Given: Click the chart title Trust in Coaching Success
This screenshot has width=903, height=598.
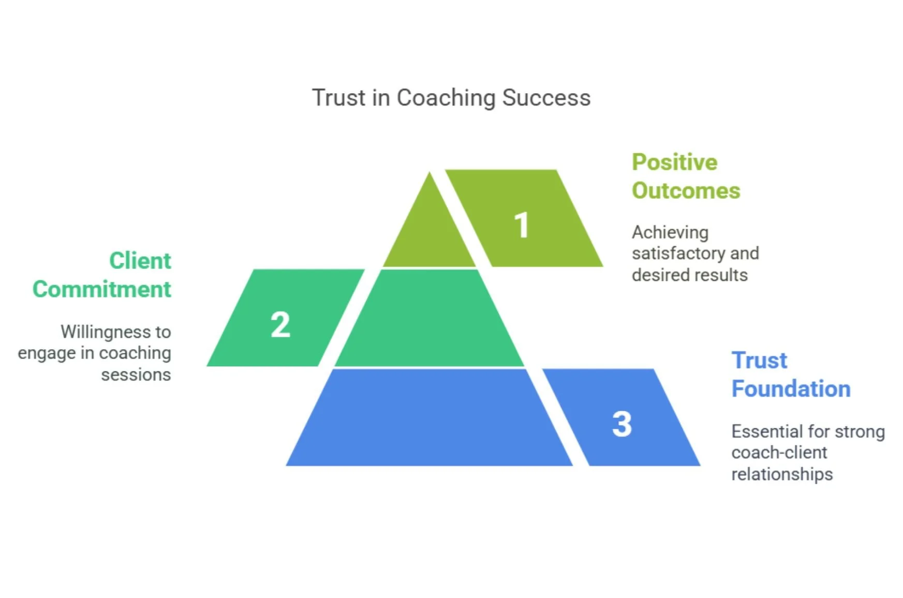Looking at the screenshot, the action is (x=451, y=98).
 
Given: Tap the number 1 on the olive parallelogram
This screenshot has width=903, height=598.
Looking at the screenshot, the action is (x=522, y=225).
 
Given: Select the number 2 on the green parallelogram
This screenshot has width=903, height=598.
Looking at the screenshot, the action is (x=280, y=325).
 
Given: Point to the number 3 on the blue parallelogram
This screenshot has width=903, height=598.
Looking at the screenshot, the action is (x=622, y=424).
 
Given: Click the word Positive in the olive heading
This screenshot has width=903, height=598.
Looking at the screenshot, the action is (x=674, y=162).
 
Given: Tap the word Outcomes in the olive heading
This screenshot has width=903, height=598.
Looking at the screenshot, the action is (x=686, y=191).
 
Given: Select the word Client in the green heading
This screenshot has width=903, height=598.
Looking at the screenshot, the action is (x=140, y=261).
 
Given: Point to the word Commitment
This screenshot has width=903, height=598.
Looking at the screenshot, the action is (x=101, y=289).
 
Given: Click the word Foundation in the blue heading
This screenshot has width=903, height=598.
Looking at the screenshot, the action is (x=791, y=389).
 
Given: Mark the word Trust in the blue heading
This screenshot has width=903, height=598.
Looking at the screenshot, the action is (x=759, y=361).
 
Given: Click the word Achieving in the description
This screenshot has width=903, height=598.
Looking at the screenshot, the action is (x=670, y=233).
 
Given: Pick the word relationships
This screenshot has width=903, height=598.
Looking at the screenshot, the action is (x=781, y=474).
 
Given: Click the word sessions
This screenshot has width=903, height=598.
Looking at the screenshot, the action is (x=136, y=375).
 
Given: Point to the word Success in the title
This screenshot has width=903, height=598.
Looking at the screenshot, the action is (x=546, y=98).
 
